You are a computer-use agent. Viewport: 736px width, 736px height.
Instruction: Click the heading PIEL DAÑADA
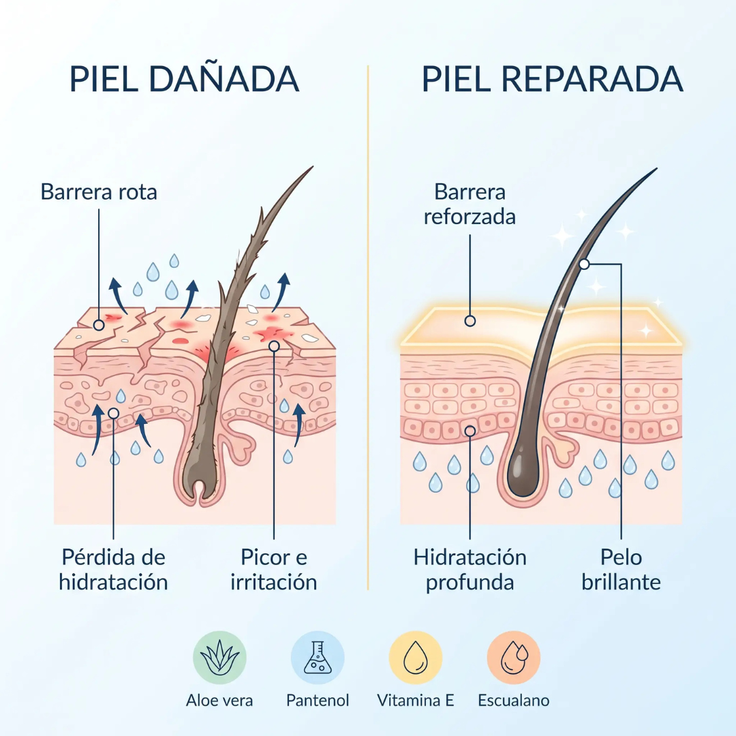[x=184, y=79]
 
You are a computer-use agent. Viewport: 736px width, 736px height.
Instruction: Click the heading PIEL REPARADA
[x=553, y=79]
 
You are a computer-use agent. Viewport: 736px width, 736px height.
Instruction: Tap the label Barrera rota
[x=99, y=191]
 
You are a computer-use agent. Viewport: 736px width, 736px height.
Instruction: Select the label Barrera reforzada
[x=470, y=204]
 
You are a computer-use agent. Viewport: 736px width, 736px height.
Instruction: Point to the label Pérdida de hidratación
[x=113, y=570]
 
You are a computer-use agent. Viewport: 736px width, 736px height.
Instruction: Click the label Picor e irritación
[x=274, y=570]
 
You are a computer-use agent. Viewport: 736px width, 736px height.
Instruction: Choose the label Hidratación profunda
[x=470, y=570]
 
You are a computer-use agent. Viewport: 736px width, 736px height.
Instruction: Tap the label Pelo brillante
[x=621, y=570]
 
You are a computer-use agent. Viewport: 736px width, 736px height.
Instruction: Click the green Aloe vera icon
[x=219, y=657]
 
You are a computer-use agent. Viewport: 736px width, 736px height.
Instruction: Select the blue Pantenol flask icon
[x=318, y=657]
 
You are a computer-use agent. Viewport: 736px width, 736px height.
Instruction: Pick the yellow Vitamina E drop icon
[x=416, y=657]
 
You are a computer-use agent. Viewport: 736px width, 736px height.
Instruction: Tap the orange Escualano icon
[x=514, y=657]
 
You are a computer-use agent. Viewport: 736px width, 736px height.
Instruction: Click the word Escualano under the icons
[x=514, y=701]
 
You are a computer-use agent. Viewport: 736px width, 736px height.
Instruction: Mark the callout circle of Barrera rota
[x=99, y=325]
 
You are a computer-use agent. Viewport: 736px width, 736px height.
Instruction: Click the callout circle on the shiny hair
[x=585, y=264]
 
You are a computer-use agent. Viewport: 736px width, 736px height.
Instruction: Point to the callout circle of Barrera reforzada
[x=470, y=321]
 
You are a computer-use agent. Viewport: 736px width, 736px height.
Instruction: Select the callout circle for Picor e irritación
[x=274, y=346]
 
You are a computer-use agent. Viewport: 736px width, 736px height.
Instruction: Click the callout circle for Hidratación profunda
[x=470, y=431]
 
